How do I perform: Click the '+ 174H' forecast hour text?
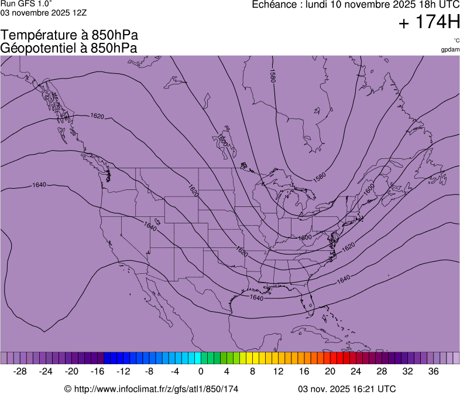click(x=429, y=23)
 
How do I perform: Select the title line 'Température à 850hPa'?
click(x=69, y=36)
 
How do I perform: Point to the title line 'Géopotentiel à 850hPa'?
click(x=69, y=48)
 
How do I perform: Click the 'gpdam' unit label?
click(x=450, y=50)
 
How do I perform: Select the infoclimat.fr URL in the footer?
click(x=151, y=388)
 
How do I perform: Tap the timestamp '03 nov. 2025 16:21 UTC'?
click(x=346, y=388)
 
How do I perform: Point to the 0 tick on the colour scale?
click(x=201, y=371)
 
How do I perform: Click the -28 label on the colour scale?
click(x=20, y=371)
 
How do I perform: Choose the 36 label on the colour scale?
click(x=434, y=371)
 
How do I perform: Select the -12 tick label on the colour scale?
click(x=123, y=371)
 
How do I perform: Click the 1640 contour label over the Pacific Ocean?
click(x=39, y=185)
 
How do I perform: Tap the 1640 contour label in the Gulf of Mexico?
click(x=256, y=297)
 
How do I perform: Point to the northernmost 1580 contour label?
click(x=272, y=76)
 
